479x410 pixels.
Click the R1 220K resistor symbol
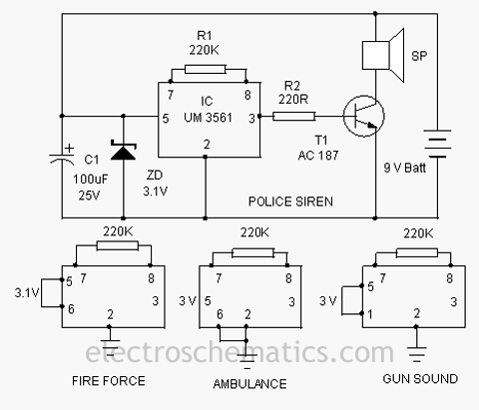(206, 69)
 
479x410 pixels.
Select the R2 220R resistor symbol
(293, 116)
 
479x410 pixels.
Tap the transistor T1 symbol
(363, 116)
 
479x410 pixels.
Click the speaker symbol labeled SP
(383, 55)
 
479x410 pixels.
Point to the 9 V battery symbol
(437, 144)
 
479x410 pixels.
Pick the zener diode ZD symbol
(124, 152)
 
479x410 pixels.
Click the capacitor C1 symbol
(62, 157)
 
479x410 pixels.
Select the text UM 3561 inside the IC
(208, 118)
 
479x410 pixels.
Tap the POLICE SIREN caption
(290, 202)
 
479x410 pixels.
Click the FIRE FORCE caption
(109, 381)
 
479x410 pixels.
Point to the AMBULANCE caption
(249, 384)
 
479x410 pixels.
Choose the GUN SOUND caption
(420, 379)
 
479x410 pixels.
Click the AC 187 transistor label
(318, 156)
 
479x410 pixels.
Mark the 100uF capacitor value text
(91, 180)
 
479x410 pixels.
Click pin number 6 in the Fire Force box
(71, 309)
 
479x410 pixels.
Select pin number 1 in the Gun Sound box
(370, 314)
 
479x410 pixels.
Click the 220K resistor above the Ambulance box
(253, 253)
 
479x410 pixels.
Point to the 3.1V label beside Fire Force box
(27, 292)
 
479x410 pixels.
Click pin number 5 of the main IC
(166, 119)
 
